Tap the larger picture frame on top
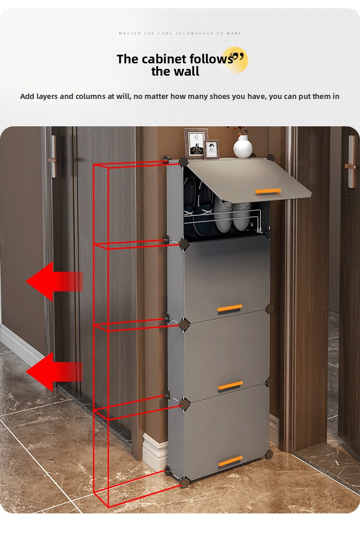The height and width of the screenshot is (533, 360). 196,144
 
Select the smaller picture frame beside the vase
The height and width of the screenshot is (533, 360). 211,150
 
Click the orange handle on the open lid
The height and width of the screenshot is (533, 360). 268,191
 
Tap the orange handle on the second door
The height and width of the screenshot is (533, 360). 230,308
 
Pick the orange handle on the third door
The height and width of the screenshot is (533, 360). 231,385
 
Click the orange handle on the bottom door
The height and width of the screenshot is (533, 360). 231,461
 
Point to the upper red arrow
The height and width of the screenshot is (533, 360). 54,281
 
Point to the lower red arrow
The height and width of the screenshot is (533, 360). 54,372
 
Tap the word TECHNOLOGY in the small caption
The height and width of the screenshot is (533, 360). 195,33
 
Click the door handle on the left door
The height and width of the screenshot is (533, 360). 53,157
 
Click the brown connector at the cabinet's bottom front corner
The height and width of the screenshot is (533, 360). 185,482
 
